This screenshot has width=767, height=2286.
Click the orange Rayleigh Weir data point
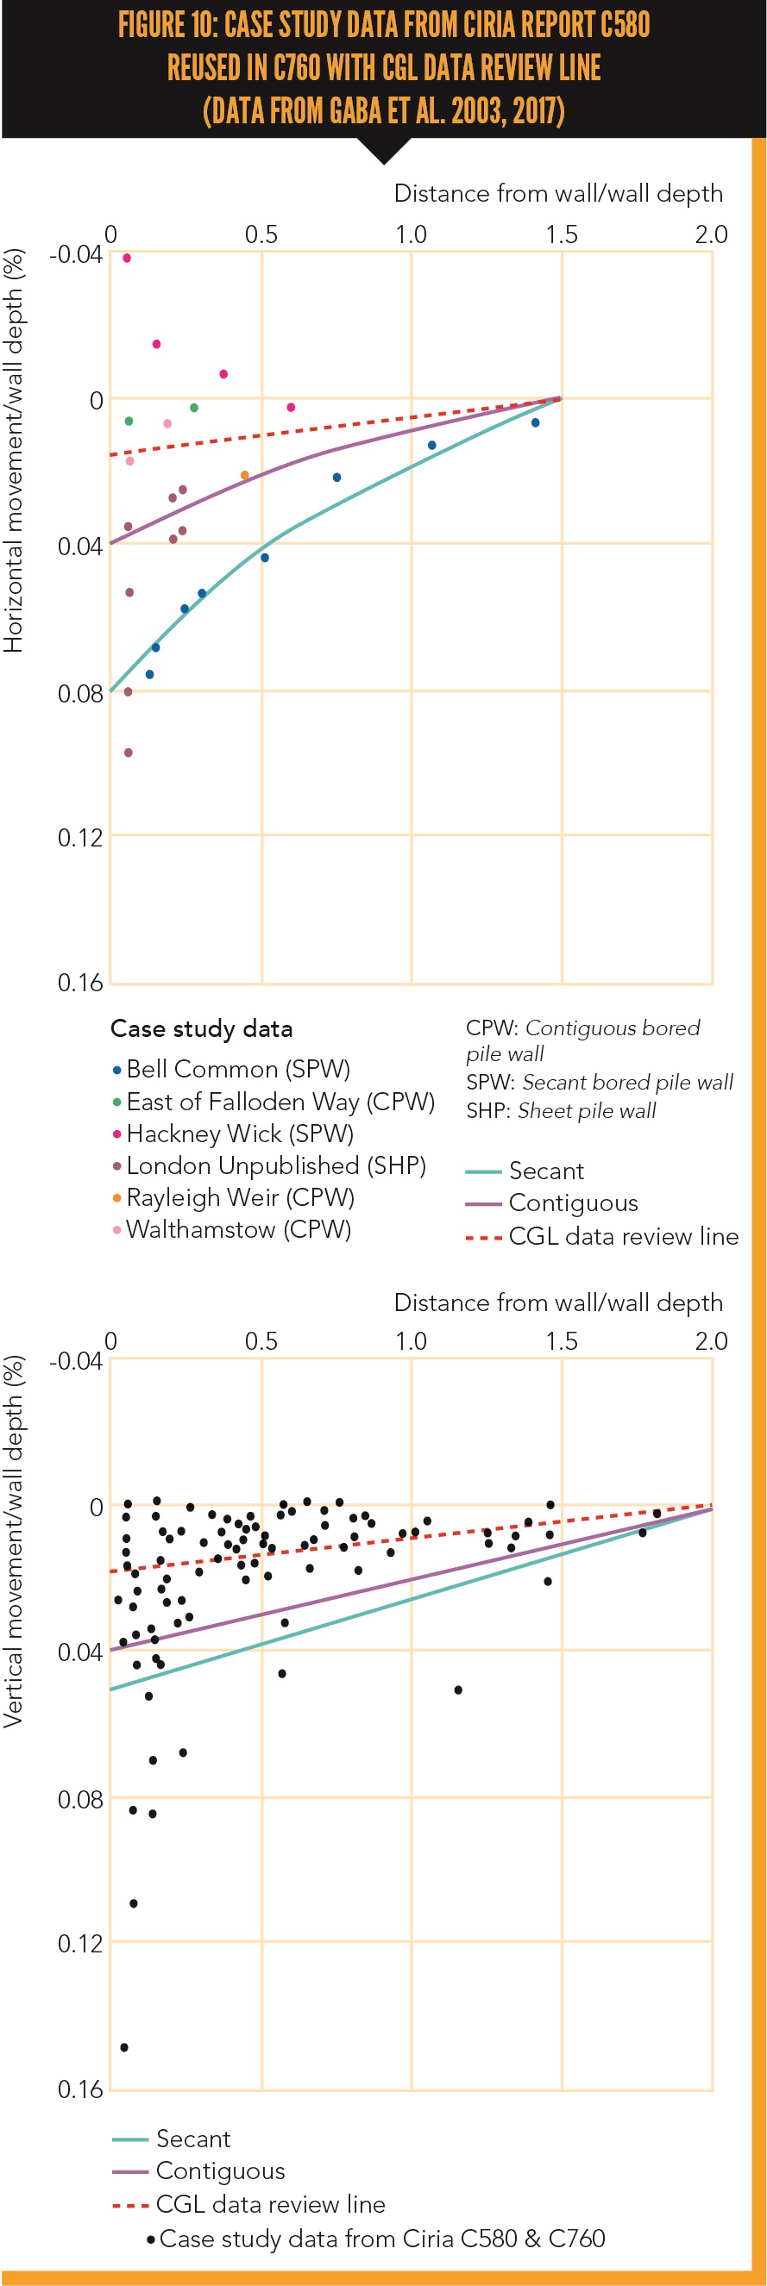[x=245, y=476]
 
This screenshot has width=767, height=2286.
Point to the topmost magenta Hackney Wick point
[x=127, y=259]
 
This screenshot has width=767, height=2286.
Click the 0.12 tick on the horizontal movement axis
[x=80, y=837]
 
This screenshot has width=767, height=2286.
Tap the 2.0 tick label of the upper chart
[x=711, y=234]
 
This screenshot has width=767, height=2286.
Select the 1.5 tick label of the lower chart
[x=561, y=1341]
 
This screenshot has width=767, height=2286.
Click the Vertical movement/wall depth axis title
[x=13, y=1541]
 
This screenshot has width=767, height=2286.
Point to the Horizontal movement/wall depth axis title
[x=13, y=451]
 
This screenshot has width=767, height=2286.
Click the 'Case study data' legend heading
[x=202, y=1028]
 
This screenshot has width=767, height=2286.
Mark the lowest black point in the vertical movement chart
[x=124, y=2047]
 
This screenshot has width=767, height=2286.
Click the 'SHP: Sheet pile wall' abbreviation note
[x=561, y=1110]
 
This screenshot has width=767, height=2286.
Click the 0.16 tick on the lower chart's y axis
[x=80, y=2089]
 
